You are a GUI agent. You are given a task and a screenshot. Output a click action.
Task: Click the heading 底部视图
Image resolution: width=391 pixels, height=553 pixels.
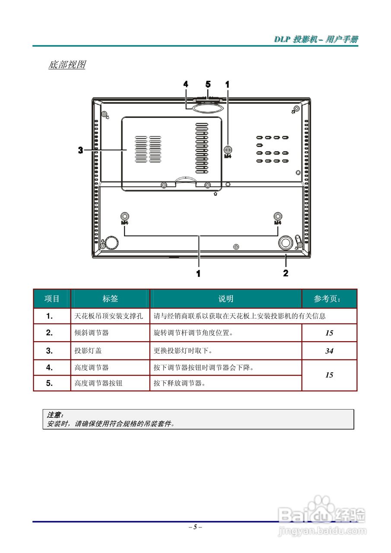pyautogui.click(x=67, y=65)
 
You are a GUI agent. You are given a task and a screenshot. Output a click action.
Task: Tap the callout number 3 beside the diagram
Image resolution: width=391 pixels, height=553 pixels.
pyautogui.click(x=80, y=150)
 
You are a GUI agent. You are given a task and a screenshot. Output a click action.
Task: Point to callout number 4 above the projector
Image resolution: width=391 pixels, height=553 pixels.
pyautogui.click(x=185, y=84)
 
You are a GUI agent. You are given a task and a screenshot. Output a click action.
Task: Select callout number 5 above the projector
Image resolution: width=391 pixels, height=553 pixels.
pyautogui.click(x=208, y=84)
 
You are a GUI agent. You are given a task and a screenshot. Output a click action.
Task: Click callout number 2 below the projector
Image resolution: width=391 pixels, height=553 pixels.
pyautogui.click(x=286, y=273)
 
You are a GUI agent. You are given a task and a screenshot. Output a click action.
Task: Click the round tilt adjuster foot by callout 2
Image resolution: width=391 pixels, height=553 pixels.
pyautogui.click(x=285, y=243)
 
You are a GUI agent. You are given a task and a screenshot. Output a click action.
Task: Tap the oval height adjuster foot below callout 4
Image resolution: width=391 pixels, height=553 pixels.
pyautogui.click(x=208, y=106)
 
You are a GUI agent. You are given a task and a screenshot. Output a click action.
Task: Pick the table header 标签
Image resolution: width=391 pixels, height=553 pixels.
pyautogui.click(x=110, y=299)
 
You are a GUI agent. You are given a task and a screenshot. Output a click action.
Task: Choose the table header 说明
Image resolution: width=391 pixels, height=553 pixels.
pyautogui.click(x=226, y=299)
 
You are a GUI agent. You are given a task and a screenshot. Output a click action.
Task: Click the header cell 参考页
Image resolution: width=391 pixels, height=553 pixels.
pyautogui.click(x=329, y=299)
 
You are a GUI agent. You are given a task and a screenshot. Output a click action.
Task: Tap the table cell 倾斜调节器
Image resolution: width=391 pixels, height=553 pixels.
pyautogui.click(x=92, y=333)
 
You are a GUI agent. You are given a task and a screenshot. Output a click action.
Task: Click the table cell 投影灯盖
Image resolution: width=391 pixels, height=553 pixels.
pyautogui.click(x=89, y=351)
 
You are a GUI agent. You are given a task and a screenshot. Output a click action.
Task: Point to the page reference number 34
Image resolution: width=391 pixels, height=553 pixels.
pyautogui.click(x=329, y=351)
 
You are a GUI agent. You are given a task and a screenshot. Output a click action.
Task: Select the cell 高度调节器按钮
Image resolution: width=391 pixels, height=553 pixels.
pyautogui.click(x=99, y=383)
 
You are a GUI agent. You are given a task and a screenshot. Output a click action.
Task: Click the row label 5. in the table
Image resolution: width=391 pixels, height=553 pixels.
pyautogui.click(x=50, y=383)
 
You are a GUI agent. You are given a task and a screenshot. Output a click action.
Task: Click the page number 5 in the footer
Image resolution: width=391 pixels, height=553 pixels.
pyautogui.click(x=195, y=527)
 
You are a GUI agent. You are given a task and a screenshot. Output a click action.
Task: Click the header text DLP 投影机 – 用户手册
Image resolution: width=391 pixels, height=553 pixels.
pyautogui.click(x=316, y=40)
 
